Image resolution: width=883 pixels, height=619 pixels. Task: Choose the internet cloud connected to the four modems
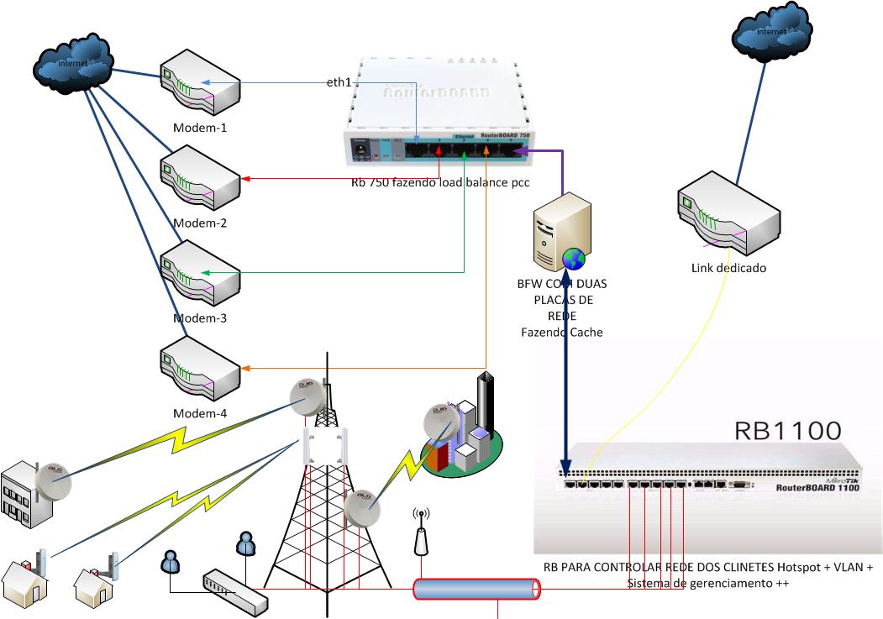tap(74, 62)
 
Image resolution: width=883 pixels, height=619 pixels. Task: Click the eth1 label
tap(339, 82)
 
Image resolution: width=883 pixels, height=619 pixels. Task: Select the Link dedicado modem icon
tap(715, 212)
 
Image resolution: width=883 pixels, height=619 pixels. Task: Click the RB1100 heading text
tap(787, 431)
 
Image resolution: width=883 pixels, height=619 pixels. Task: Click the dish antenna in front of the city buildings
tap(440, 419)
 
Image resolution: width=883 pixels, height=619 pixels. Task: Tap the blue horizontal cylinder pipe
tap(476, 589)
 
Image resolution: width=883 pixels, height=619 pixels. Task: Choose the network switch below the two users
tap(235, 590)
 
